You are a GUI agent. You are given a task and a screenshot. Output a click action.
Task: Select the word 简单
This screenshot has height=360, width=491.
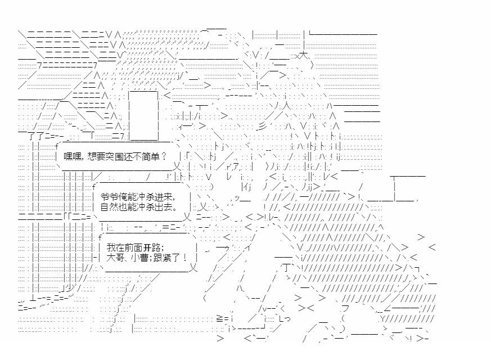coord(151,156)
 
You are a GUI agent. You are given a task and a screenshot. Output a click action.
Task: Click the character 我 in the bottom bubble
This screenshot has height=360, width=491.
coord(111,247)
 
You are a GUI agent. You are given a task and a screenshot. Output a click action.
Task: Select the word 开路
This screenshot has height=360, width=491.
coord(152,247)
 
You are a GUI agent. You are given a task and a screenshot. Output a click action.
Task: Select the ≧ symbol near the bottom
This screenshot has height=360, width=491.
coord(220,319)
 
